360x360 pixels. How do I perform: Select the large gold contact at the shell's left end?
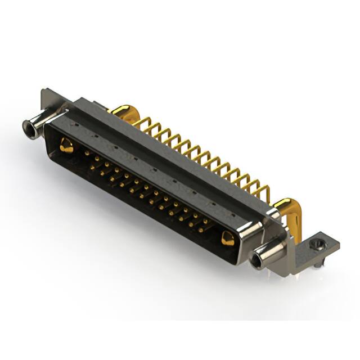66,146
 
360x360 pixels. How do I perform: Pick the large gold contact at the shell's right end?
228,238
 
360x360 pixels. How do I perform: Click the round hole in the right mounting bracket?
318,245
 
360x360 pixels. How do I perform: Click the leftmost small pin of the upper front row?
87,152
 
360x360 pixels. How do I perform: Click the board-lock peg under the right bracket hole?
318,262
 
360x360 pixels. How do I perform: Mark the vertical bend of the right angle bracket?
292,253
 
